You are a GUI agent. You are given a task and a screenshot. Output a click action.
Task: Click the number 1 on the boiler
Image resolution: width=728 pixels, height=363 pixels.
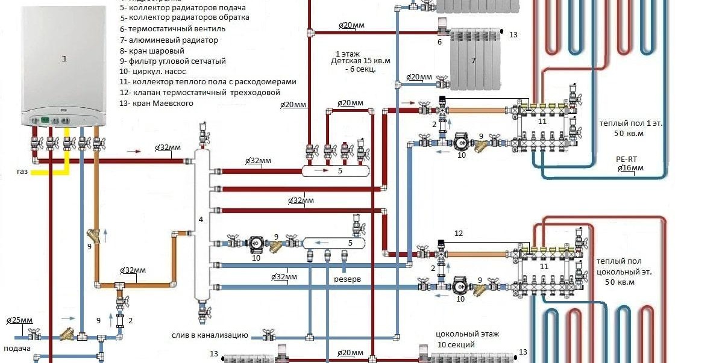64,58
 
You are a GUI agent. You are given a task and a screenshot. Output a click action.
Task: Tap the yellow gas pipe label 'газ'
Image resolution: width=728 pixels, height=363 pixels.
22,172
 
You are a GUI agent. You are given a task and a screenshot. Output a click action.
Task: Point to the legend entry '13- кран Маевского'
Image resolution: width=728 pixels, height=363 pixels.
157,104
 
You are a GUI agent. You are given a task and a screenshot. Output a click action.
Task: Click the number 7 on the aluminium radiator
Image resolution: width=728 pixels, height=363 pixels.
474,61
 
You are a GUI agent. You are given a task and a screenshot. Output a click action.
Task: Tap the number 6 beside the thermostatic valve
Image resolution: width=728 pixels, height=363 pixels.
439,42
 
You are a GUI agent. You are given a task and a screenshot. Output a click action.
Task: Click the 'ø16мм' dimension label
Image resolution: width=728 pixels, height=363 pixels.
630,169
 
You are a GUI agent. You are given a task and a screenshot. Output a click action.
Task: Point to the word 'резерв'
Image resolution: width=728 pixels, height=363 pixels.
348,279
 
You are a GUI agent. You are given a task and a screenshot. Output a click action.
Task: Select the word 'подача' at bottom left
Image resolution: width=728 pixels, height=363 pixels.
17,349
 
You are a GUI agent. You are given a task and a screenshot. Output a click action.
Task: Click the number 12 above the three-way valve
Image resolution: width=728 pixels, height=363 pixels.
459,234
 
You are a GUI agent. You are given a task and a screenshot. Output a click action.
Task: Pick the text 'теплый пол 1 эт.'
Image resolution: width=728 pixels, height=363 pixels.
630,123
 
